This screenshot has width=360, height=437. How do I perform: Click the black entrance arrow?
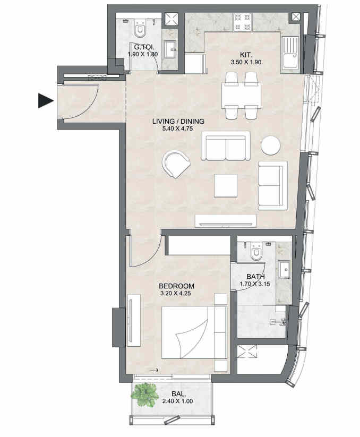click(x=46, y=100)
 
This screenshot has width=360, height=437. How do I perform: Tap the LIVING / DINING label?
click(x=178, y=121)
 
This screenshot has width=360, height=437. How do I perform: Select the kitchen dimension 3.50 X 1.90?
click(x=246, y=62)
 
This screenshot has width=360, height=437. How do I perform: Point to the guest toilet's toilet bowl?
click(x=140, y=29)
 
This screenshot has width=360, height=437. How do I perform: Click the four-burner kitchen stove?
click(x=243, y=22)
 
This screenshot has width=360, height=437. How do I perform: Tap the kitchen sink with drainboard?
click(x=290, y=53)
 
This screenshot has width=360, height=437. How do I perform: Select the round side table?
click(x=271, y=145)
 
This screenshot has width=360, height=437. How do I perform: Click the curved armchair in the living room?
click(x=176, y=164)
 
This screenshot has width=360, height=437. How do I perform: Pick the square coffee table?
click(x=226, y=186)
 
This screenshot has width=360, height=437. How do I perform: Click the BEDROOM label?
click(x=176, y=286)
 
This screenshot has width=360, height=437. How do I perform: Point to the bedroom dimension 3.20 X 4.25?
click(x=176, y=293)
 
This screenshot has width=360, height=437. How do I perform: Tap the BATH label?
click(x=255, y=277)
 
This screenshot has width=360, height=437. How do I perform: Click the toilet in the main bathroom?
click(x=255, y=251)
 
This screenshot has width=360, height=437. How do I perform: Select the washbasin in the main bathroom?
click(x=283, y=270)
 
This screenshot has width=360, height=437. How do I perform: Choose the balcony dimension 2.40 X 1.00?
click(x=177, y=401)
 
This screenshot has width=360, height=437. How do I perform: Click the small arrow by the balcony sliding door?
click(x=154, y=370)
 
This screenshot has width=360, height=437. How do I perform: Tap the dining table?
click(x=241, y=96)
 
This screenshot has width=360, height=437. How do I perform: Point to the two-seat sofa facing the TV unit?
click(x=226, y=146)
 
